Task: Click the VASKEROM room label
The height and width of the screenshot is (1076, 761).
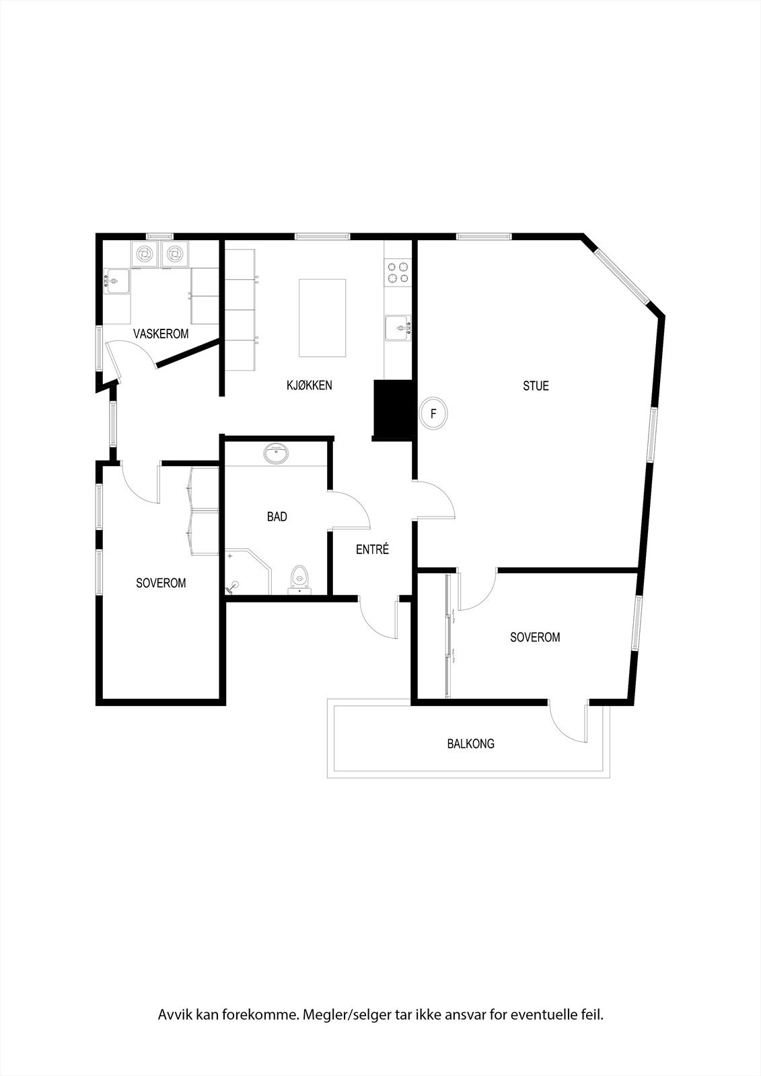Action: pos(161,334)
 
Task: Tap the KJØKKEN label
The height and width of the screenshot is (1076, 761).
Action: pos(309,385)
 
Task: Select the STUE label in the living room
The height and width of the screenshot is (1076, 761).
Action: pos(536,386)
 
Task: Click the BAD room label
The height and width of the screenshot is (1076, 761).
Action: pos(277,516)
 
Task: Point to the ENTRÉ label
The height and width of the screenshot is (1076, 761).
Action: pos(372,549)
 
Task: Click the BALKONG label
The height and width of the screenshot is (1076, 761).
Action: pos(470,744)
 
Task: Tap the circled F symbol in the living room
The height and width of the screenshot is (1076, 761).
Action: pos(433,414)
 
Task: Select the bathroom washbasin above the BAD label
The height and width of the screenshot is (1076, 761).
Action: pos(277,455)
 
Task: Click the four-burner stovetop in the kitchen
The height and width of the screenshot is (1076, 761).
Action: pos(397,272)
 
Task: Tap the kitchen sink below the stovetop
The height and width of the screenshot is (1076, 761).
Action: pos(398,328)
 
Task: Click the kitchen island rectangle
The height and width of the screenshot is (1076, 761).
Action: pos(322,318)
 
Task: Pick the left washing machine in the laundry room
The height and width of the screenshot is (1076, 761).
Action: pos(145,254)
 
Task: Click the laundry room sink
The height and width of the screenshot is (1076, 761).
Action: pos(117,281)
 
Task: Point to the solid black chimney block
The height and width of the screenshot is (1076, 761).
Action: pos(393,410)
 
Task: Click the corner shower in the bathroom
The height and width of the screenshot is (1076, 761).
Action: pos(247,572)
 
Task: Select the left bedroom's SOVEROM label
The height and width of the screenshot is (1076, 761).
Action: pos(161,583)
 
